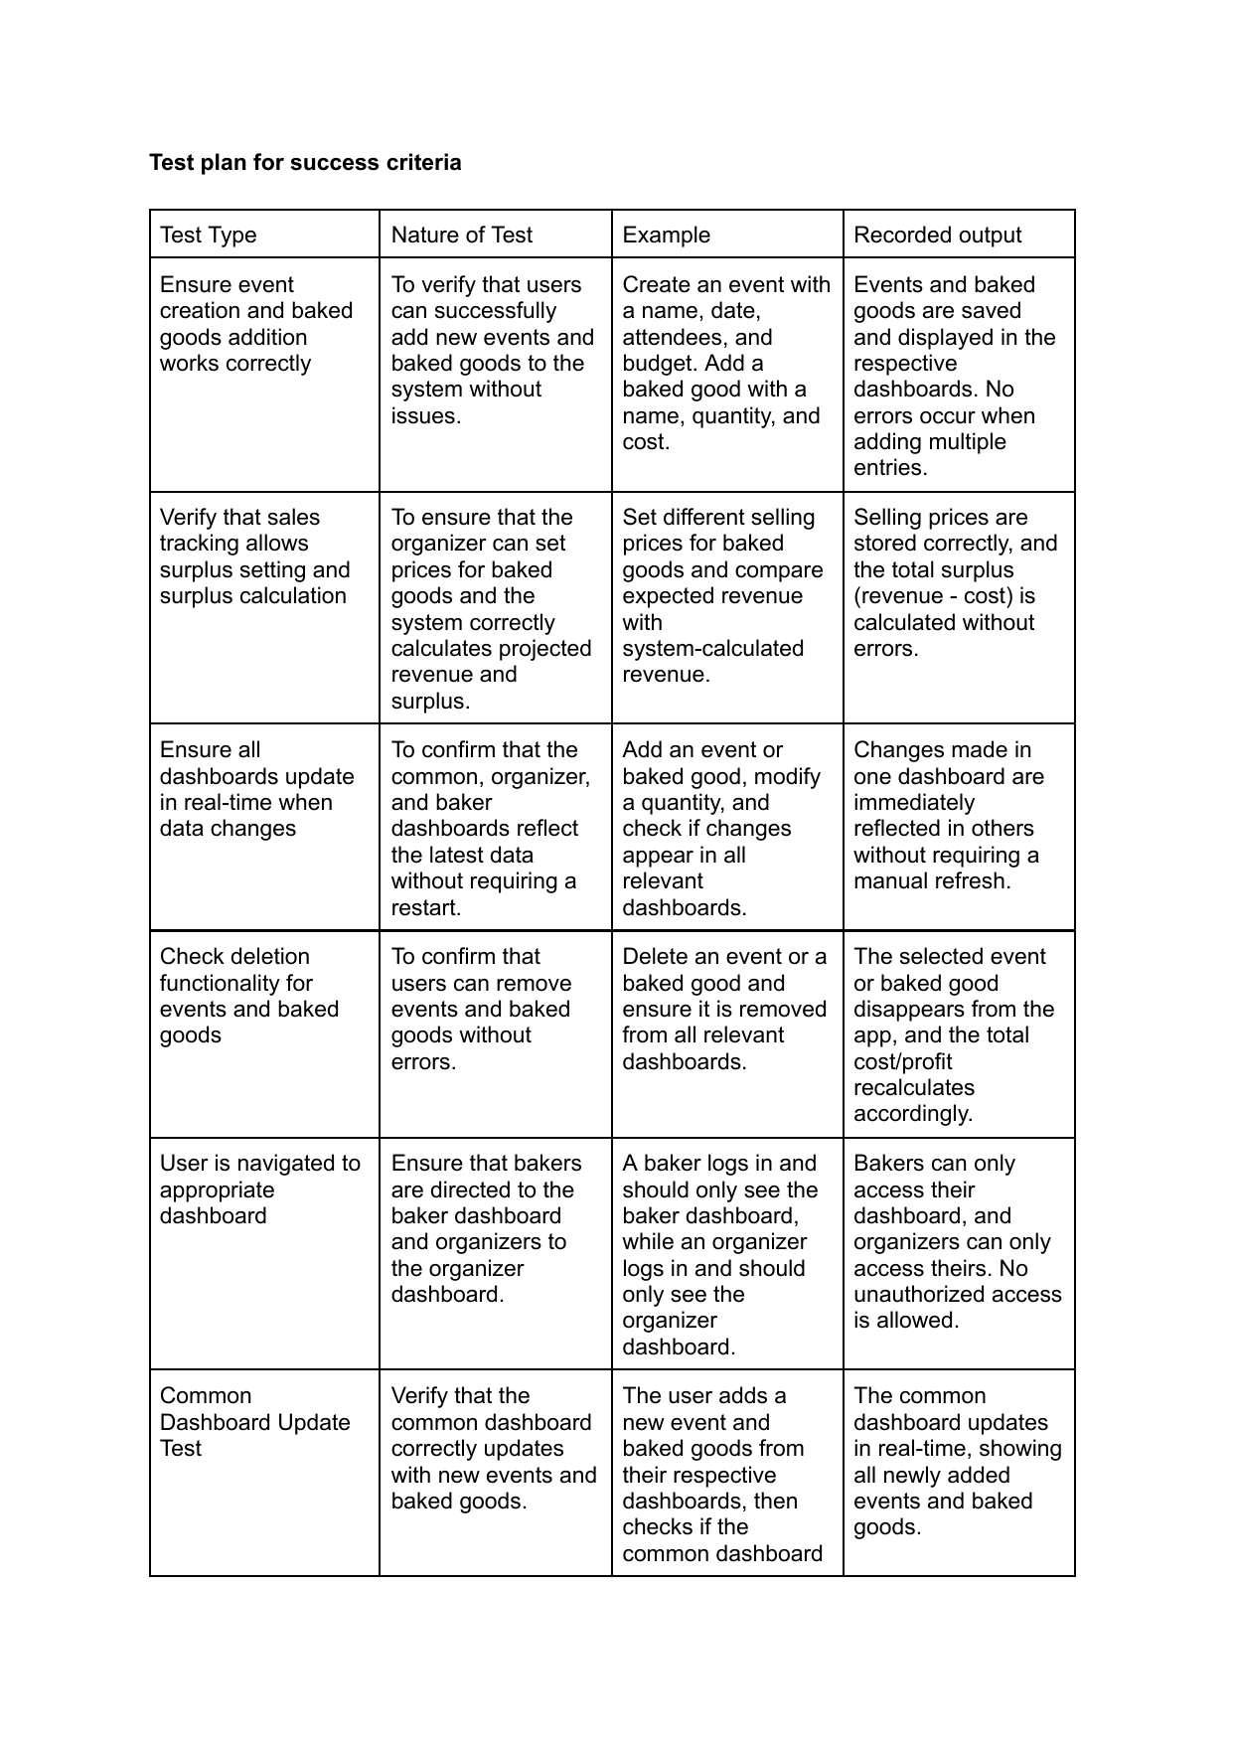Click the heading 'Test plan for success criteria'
pos(305,162)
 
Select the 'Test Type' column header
pos(208,235)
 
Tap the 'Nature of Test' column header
pos(461,235)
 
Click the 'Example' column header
pos(666,235)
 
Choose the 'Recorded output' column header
pos(937,235)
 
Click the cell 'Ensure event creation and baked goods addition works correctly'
pos(256,324)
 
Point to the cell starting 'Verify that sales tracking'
pos(254,556)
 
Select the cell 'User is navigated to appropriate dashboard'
pos(259,1189)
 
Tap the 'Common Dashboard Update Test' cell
pos(254,1422)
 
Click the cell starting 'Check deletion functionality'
pos(249,996)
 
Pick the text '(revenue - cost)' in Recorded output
pos(934,596)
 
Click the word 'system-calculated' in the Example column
pos(712,649)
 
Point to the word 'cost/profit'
pos(902,1061)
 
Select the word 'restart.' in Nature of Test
pos(426,907)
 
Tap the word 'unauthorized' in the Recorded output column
pos(958,1294)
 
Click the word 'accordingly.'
pos(912,1114)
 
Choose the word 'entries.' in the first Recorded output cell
pos(890,468)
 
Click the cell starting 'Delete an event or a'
pos(723,1009)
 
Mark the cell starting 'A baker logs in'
pos(719,1254)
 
